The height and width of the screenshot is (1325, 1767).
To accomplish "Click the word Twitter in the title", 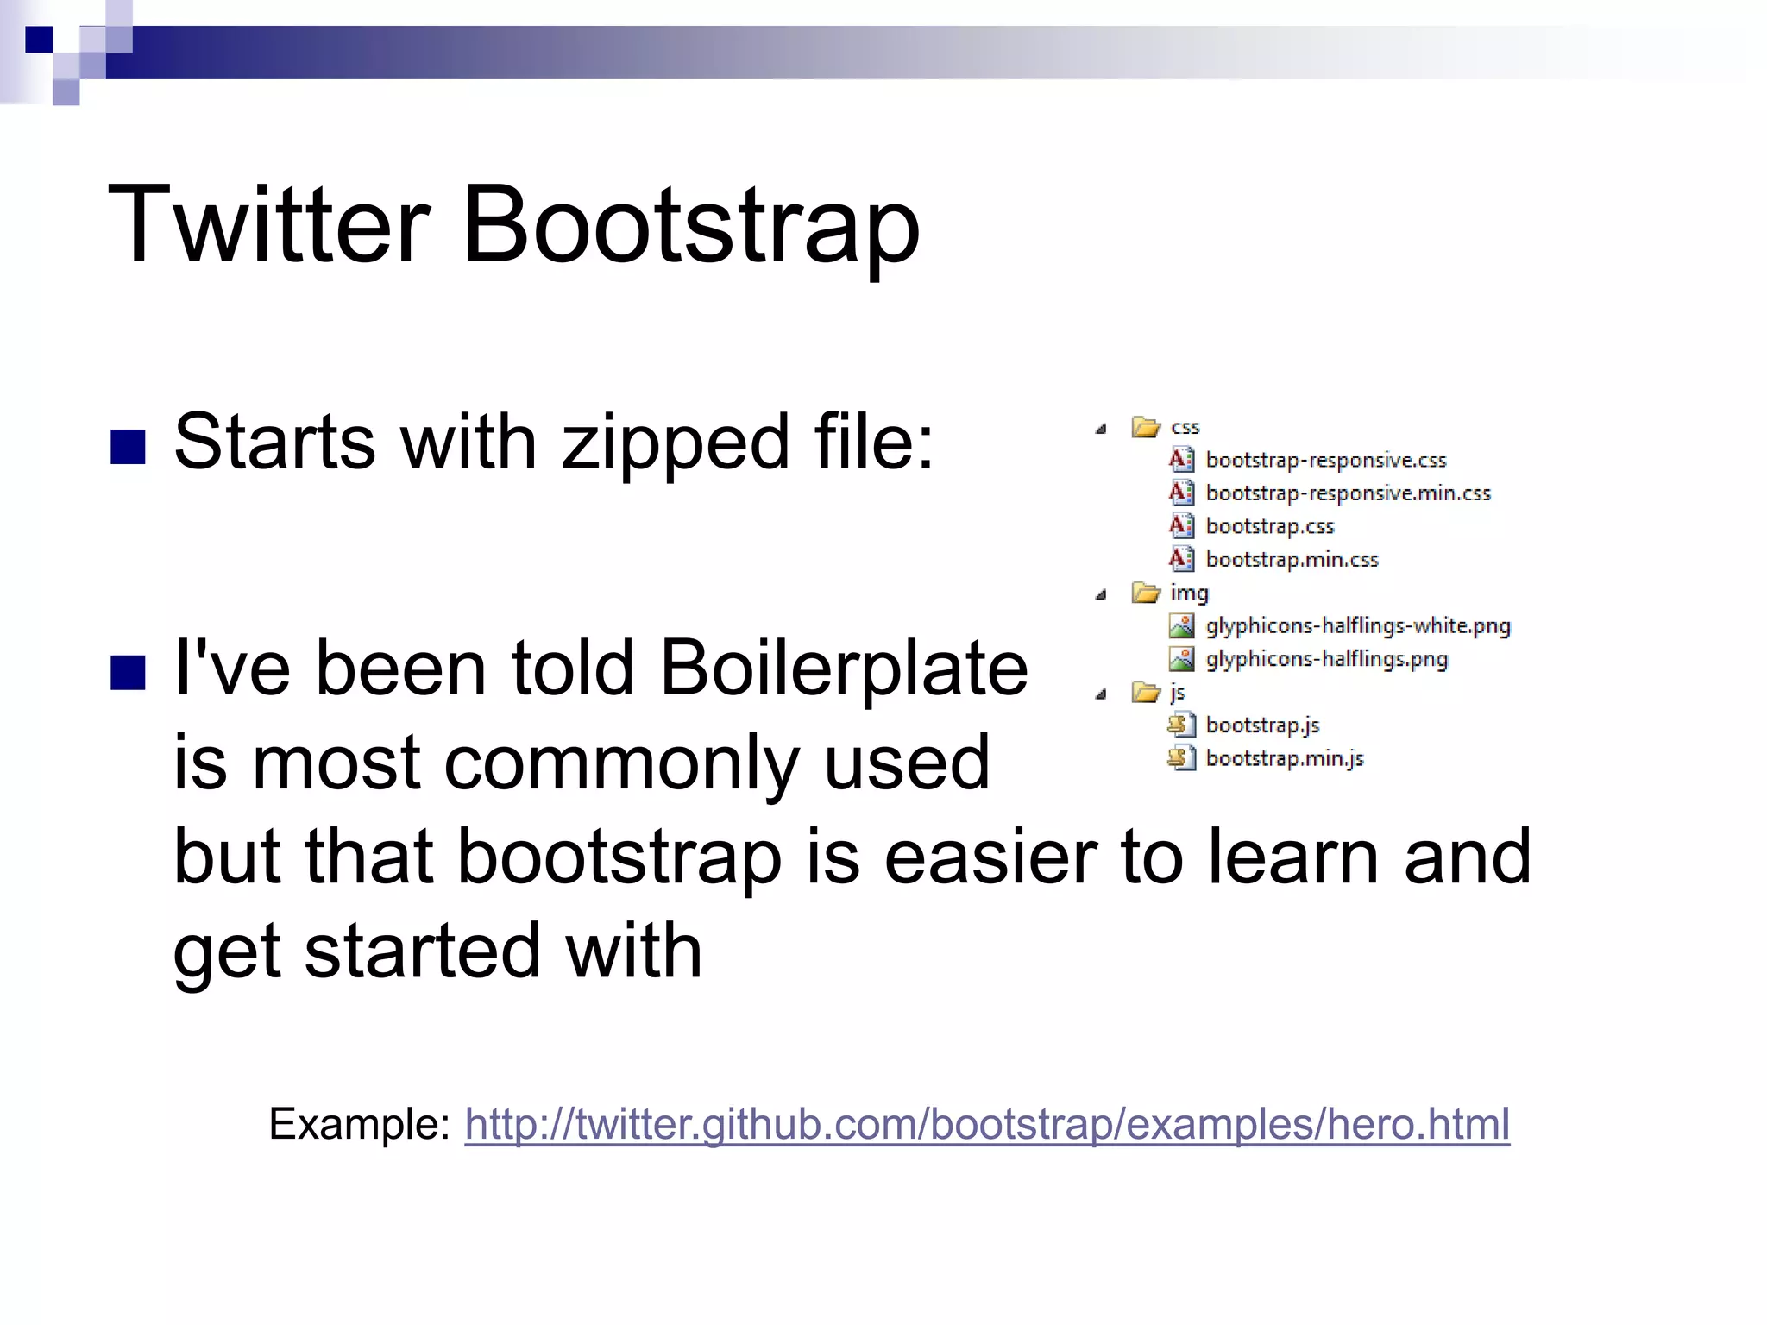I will (x=269, y=226).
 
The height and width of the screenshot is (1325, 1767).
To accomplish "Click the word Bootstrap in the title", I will (x=690, y=226).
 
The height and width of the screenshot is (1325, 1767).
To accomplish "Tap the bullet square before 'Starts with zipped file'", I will (x=128, y=446).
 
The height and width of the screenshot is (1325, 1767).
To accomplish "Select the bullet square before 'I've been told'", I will (x=128, y=673).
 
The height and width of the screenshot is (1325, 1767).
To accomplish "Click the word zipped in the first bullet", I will (x=676, y=443).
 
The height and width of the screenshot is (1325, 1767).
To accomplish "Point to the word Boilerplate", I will (x=844, y=668).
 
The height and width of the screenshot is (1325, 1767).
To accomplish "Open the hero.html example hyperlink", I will (x=987, y=1124).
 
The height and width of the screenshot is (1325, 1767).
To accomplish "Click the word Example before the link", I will (x=359, y=1124).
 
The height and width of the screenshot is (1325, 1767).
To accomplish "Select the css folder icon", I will (x=1145, y=427).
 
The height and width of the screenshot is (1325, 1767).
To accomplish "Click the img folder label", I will (x=1189, y=593).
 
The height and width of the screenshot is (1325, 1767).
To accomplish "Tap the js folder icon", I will (x=1145, y=693).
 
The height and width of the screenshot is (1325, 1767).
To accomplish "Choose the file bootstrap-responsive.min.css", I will (x=1348, y=493).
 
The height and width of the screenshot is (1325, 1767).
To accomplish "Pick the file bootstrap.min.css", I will (x=1292, y=560).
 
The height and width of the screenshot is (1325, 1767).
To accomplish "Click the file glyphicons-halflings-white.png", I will (x=1357, y=626).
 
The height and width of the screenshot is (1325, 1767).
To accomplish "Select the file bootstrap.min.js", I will (x=1284, y=759).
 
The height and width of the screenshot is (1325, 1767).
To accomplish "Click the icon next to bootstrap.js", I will (x=1181, y=725).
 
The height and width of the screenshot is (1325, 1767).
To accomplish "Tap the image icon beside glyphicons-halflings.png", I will (x=1181, y=659).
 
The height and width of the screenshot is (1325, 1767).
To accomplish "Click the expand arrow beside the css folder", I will (x=1101, y=429).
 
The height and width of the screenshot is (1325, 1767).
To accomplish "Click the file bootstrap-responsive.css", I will (x=1325, y=461).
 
